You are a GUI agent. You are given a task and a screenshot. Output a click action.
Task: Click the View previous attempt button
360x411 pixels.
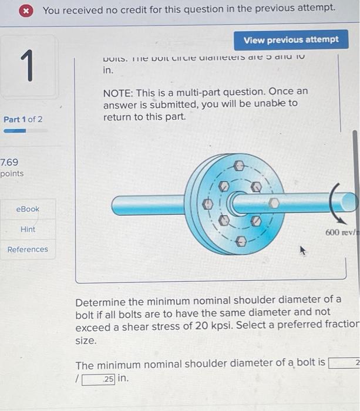click(291, 39)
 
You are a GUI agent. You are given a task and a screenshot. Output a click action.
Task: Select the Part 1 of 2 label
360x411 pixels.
click(23, 119)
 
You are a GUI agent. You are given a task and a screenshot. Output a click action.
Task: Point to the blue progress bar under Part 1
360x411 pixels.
click(15, 131)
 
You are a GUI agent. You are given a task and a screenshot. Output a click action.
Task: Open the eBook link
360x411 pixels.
click(28, 209)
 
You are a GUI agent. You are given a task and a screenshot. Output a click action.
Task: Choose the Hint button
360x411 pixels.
click(28, 229)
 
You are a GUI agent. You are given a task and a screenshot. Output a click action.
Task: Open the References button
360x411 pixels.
click(28, 249)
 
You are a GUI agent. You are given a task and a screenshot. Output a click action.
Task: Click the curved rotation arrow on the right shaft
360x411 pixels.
click(336, 201)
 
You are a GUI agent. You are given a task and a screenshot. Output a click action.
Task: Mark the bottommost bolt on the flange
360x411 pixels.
click(241, 241)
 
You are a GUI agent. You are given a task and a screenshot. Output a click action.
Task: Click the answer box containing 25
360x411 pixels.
click(98, 379)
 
